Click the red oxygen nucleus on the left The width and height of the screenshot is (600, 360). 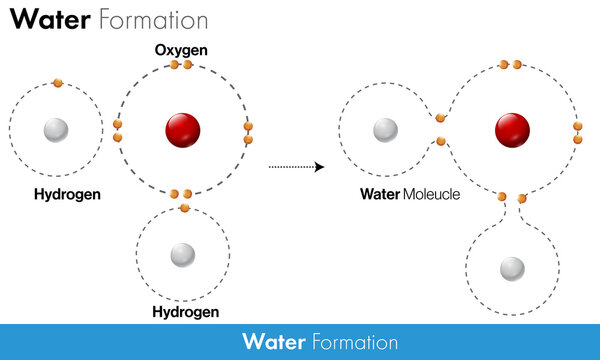pos(182,130)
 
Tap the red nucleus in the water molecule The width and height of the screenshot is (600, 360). pos(512,129)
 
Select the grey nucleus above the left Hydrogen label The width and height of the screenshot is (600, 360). pos(55,130)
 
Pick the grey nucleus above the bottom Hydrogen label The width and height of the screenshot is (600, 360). pos(182,255)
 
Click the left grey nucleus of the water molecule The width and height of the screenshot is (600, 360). pos(384,130)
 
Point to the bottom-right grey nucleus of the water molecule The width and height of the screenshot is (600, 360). pos(512,268)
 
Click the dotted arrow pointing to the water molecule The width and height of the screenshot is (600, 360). pos(298,166)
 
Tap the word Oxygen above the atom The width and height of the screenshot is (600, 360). pos(180,49)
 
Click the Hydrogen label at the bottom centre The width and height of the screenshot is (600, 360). pos(186,312)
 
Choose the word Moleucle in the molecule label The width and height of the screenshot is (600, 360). pos(431,193)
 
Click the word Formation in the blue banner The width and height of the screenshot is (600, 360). pos(356,343)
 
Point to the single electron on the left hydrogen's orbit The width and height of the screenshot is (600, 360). pos(57,82)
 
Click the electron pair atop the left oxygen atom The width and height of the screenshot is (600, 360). pos(180,65)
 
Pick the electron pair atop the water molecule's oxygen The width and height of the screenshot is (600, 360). pos(510,65)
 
